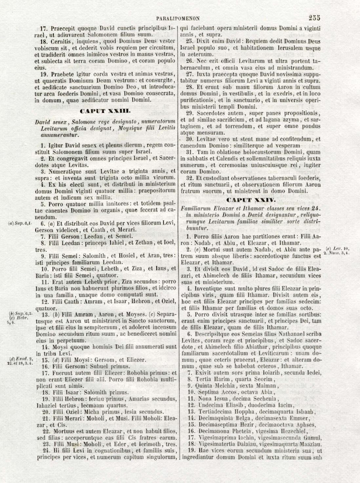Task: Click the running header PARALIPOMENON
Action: pos(179,19)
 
